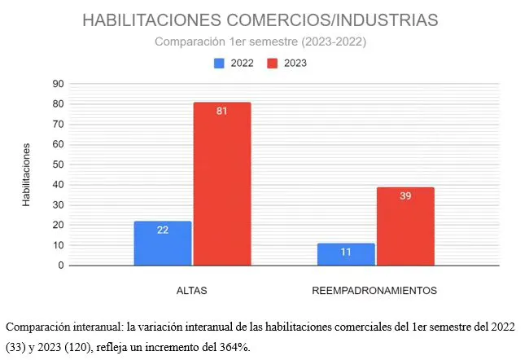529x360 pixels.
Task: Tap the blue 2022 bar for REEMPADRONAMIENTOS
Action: click(346, 254)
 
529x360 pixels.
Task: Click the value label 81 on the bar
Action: click(221, 111)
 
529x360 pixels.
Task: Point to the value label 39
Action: click(404, 195)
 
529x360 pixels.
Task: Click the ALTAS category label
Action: click(192, 290)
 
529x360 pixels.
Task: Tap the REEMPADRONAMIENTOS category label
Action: click(375, 290)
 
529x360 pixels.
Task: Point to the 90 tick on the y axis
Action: click(58, 83)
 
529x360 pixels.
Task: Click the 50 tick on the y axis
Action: click(58, 165)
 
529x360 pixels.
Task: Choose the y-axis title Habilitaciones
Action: click(27, 174)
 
